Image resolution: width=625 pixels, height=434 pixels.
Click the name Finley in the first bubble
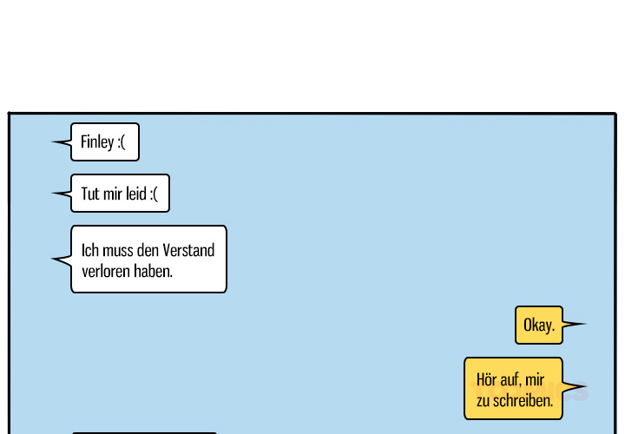point(97,142)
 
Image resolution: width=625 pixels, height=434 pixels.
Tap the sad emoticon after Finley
point(122,142)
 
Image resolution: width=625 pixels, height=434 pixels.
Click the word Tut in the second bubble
point(90,194)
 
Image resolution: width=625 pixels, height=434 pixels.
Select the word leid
point(136,194)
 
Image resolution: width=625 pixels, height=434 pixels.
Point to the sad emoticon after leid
point(154,194)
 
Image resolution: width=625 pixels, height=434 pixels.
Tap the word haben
point(153,271)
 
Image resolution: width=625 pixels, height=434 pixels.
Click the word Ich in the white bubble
point(90,250)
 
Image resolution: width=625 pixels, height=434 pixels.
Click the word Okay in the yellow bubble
point(537,325)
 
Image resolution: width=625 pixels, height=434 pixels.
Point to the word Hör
point(486,379)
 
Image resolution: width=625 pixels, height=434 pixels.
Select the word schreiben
point(523,400)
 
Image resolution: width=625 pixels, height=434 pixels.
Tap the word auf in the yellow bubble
point(510,380)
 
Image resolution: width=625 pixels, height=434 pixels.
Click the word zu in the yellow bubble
point(484,401)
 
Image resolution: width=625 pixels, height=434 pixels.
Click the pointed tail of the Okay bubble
point(586,324)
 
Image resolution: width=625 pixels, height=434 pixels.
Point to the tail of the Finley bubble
point(52,141)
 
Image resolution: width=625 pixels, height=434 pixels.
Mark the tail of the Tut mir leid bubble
point(52,194)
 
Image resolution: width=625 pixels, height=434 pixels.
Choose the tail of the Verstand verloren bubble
point(52,259)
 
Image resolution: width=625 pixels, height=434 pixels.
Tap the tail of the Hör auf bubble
point(586,385)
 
